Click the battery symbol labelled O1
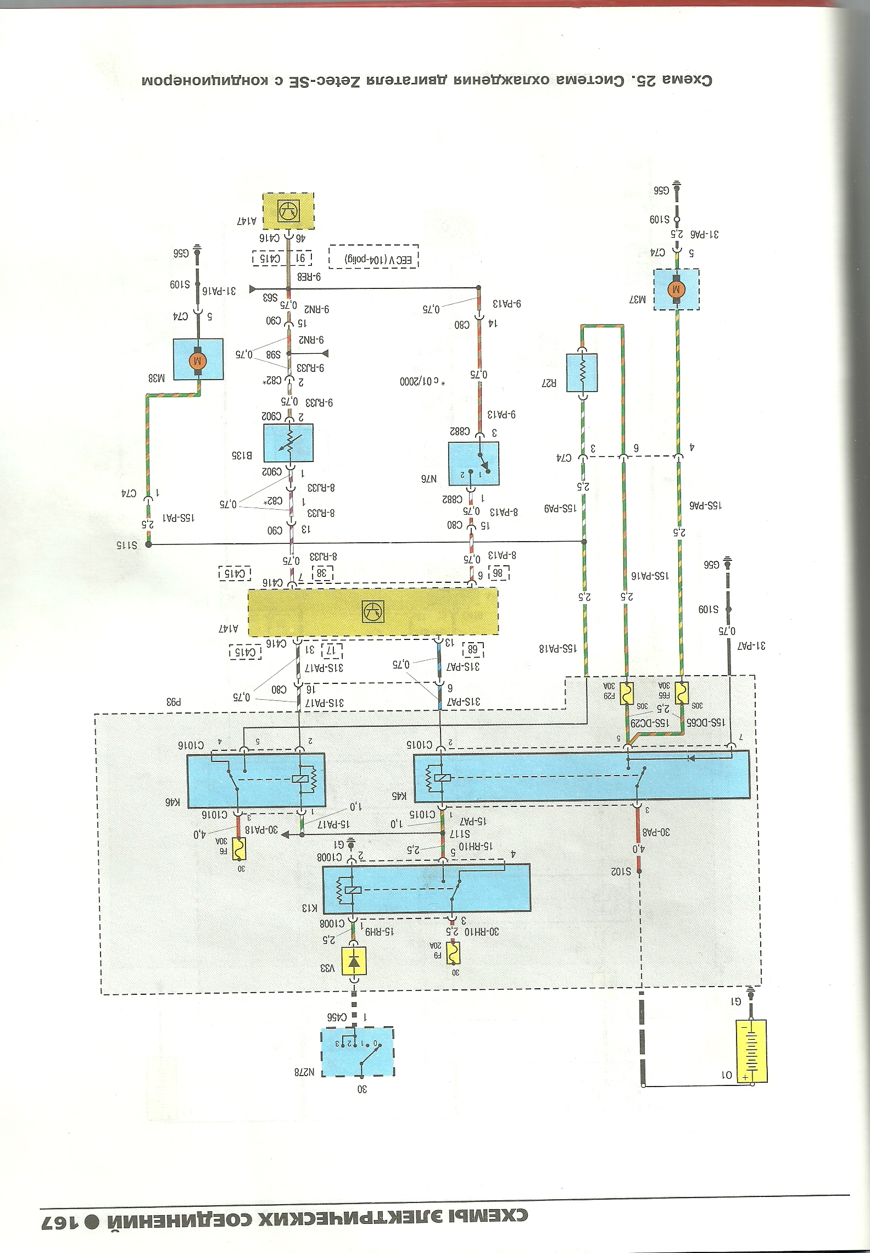(751, 1051)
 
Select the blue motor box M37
(676, 289)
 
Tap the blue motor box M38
(198, 360)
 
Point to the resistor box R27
(582, 372)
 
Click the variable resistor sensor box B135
(288, 443)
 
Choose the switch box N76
(474, 463)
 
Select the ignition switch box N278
(358, 1051)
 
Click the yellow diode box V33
(354, 961)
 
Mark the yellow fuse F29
(626, 693)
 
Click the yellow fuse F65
(681, 693)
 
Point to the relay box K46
(255, 780)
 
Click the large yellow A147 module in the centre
(373, 612)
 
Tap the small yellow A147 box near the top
(288, 210)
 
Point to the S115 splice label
(126, 545)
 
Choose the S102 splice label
(622, 871)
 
